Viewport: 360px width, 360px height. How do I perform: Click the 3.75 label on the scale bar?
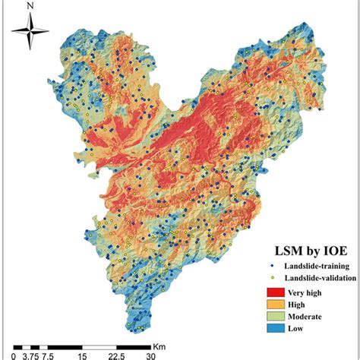(30, 354)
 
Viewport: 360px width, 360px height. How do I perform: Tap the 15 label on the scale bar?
(82, 354)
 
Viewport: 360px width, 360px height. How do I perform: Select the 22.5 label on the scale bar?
(116, 354)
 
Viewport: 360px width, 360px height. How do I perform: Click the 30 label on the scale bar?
(150, 354)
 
